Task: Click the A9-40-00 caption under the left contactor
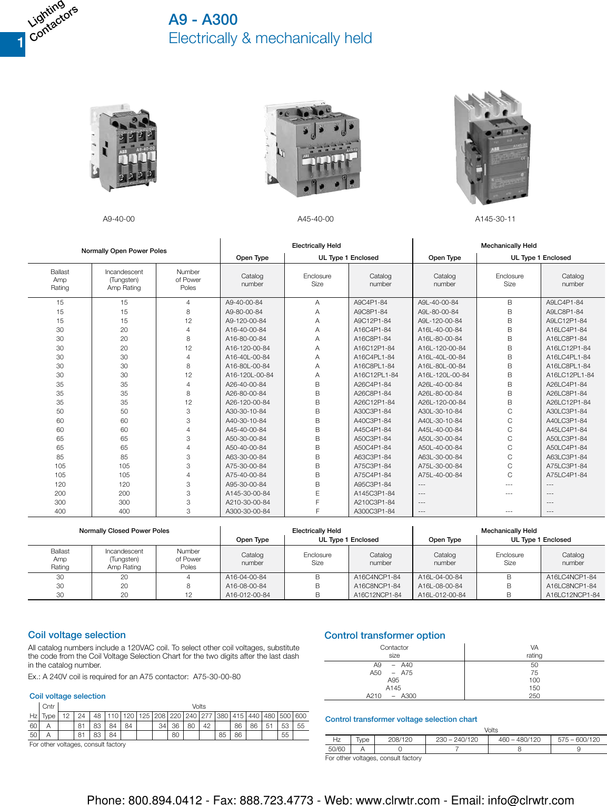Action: [x=118, y=219]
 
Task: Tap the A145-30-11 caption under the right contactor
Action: [x=495, y=219]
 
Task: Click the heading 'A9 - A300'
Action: [x=203, y=20]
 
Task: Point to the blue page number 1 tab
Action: [x=13, y=44]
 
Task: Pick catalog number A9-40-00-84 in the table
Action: [x=244, y=303]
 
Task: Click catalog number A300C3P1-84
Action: [x=374, y=511]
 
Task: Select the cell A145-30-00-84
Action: [x=247, y=493]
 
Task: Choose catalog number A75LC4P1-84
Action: [x=566, y=475]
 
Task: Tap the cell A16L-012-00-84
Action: [x=442, y=595]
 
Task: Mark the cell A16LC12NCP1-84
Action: [x=572, y=595]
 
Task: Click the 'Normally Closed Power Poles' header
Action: [x=124, y=531]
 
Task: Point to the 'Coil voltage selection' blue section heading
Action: [x=77, y=635]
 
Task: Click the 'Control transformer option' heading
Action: [x=384, y=636]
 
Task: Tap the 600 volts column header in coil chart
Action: [x=301, y=716]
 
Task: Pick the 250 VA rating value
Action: [x=534, y=696]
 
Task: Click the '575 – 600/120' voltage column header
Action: [x=579, y=740]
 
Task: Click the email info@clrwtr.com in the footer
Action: [x=531, y=800]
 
